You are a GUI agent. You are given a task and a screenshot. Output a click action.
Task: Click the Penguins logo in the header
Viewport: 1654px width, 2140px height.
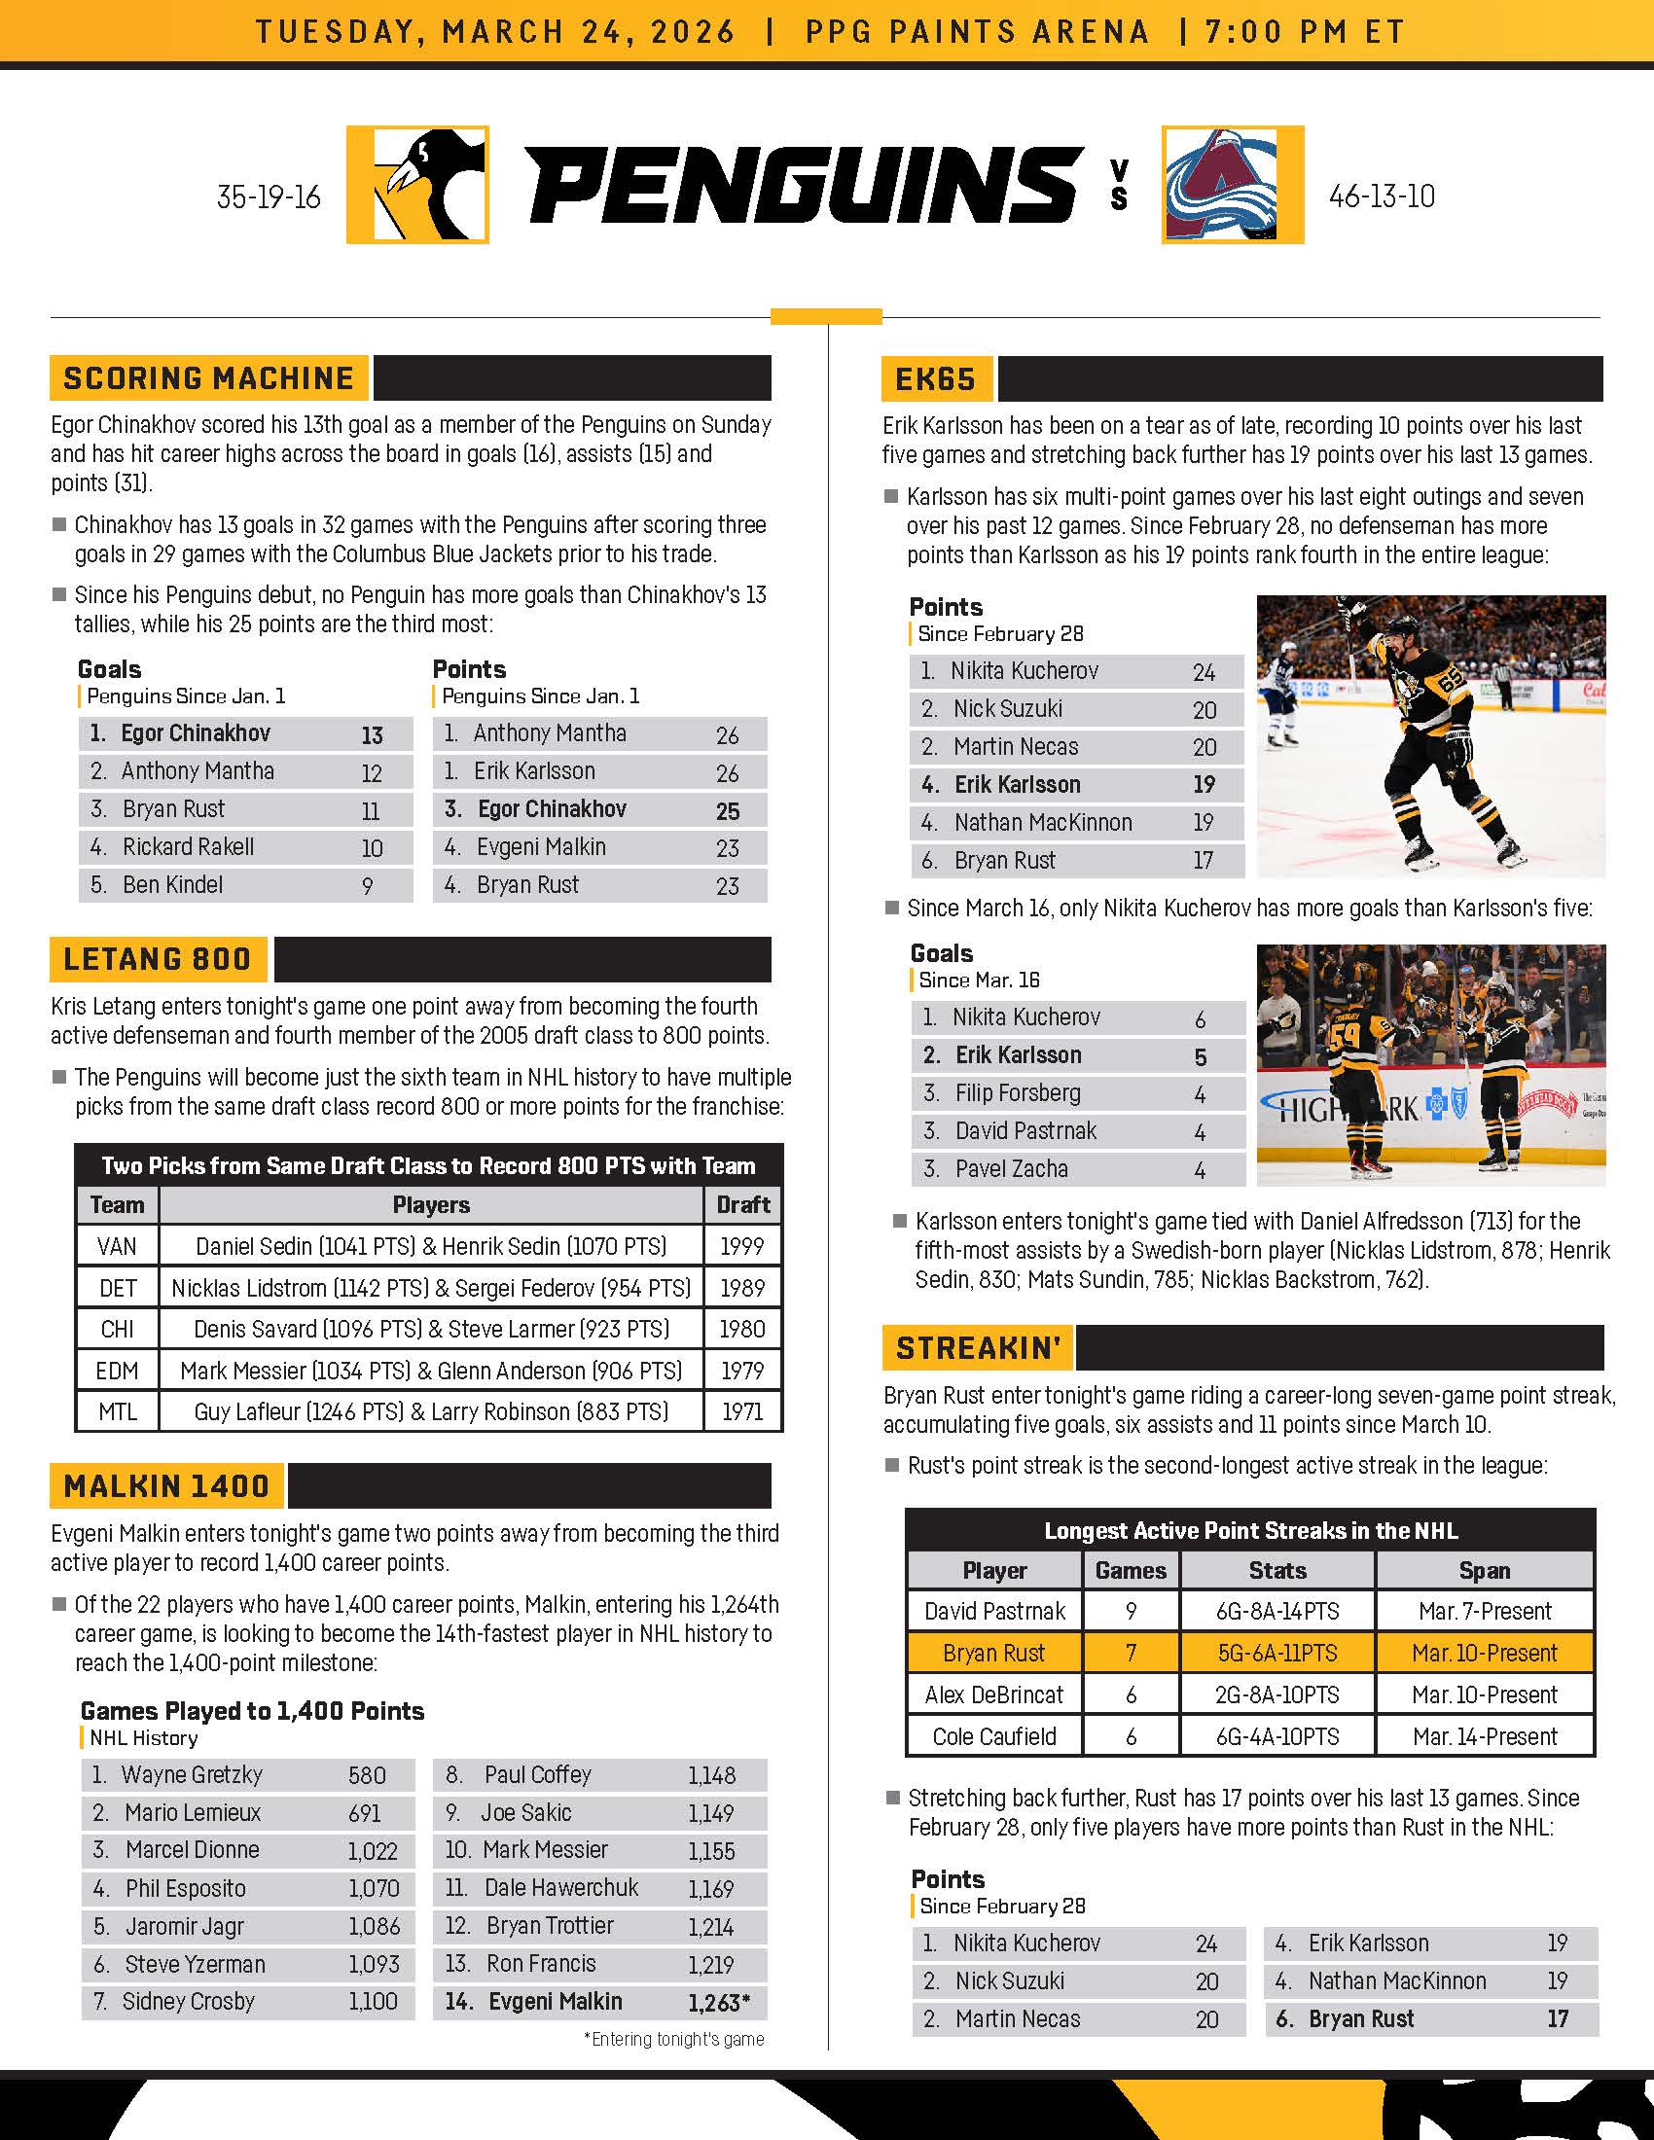[417, 184]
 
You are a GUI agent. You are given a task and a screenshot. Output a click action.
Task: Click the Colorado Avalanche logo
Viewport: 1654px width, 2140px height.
[1232, 184]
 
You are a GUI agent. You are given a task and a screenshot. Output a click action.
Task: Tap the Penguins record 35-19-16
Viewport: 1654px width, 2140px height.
[269, 196]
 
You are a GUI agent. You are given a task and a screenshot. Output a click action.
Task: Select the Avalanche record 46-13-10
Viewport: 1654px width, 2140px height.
[1382, 196]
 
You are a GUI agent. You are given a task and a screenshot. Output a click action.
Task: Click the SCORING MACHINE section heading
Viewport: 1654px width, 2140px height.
[209, 378]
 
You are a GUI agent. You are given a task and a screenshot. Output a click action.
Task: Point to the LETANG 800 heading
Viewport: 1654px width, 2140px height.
[158, 958]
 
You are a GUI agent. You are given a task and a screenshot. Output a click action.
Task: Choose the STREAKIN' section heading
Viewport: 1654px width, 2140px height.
[978, 1347]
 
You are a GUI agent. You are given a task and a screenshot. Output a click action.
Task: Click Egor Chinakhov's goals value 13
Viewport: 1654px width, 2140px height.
[372, 734]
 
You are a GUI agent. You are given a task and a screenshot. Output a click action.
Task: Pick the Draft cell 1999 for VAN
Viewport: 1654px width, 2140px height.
[741, 1246]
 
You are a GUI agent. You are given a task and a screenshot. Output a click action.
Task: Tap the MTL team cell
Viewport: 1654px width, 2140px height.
[117, 1412]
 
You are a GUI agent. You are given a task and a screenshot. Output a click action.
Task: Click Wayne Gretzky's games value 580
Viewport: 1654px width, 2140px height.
[367, 1775]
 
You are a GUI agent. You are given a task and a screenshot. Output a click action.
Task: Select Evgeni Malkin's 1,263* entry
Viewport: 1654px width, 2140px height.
[718, 2003]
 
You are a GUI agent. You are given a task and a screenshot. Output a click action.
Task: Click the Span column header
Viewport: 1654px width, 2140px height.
[1484, 1570]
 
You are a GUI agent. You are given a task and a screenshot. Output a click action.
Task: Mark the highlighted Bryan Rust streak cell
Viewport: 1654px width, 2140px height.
[993, 1653]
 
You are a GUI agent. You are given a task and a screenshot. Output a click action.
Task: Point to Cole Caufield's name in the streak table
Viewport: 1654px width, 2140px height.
[993, 1736]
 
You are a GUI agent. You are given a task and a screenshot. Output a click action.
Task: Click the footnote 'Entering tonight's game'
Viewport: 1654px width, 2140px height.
[674, 2039]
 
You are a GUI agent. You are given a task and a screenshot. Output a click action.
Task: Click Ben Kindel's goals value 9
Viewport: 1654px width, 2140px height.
[368, 887]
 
